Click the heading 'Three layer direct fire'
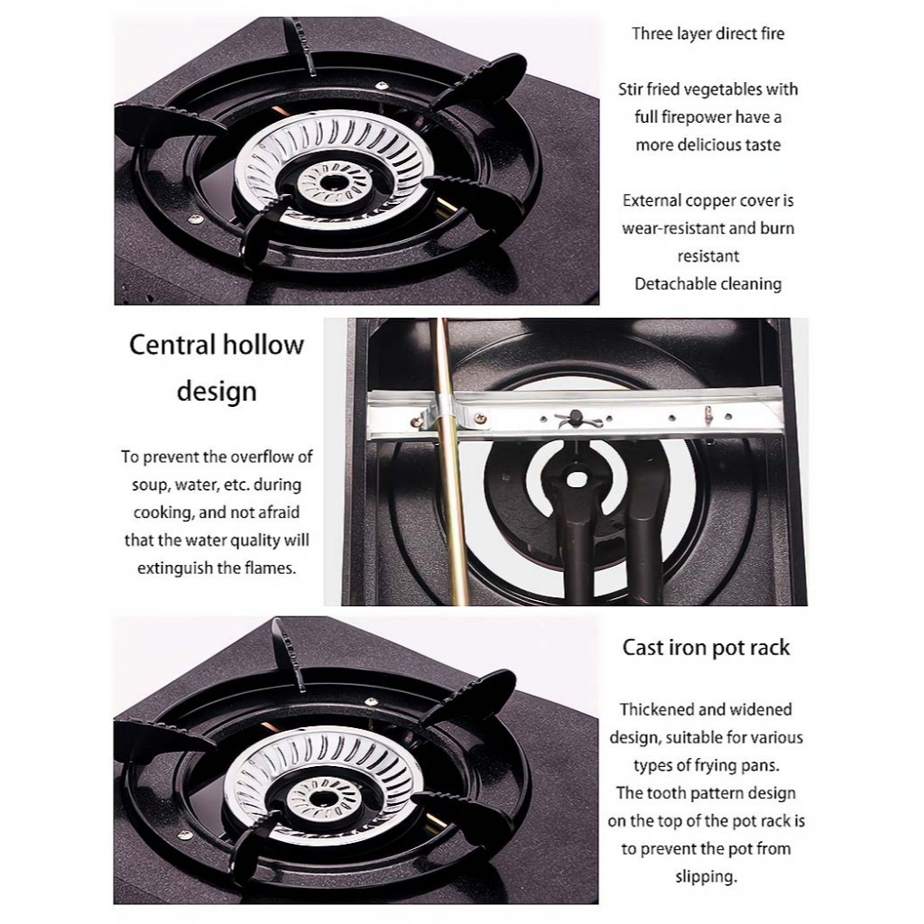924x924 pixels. tap(707, 33)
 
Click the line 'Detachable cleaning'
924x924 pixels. tap(707, 284)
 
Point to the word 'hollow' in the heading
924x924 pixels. tap(265, 346)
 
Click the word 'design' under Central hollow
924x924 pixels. tap(217, 392)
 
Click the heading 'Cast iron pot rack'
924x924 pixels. tap(706, 648)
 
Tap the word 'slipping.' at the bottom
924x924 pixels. tap(706, 877)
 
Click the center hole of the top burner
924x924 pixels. tap(328, 182)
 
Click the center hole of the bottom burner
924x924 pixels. tap(323, 799)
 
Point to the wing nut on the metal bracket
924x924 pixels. tap(575, 418)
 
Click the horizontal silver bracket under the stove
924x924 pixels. tap(575, 413)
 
